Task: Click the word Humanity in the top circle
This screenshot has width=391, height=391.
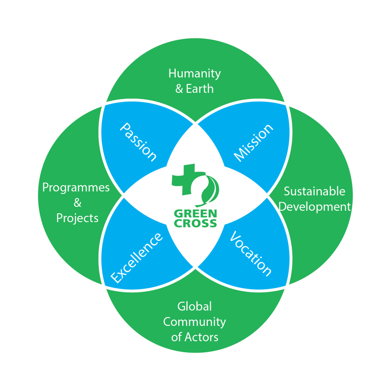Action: tap(194, 73)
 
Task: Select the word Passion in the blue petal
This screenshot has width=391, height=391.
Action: tap(138, 141)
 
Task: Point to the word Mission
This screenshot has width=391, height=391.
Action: tap(253, 142)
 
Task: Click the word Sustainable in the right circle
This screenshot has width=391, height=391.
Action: tap(314, 191)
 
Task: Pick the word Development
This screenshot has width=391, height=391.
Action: tap(316, 207)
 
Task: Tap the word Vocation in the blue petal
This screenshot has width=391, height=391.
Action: tap(250, 253)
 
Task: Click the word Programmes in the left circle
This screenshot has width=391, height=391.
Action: tap(76, 187)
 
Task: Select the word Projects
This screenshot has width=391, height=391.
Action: tap(77, 218)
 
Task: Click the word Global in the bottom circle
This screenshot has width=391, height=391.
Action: tap(194, 306)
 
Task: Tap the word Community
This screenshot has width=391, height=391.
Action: tap(194, 322)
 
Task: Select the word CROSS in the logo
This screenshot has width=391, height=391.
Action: tap(195, 223)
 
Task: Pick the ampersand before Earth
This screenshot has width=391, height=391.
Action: tap(179, 89)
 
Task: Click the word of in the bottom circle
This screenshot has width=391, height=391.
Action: tap(176, 337)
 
